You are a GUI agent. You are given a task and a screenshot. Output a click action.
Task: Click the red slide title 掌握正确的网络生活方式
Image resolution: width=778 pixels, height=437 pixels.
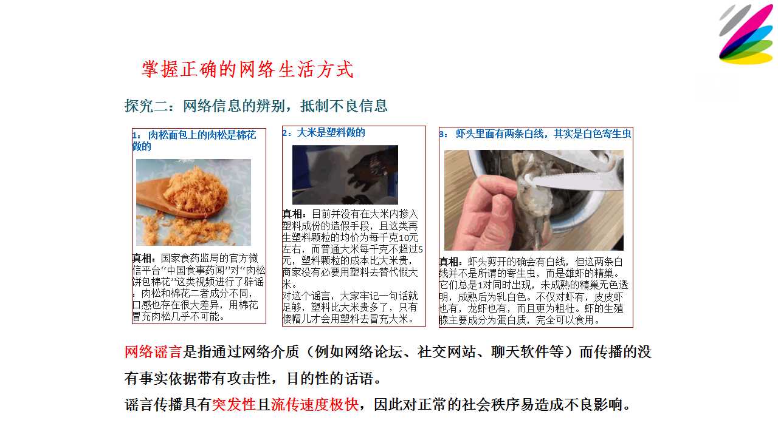pyautogui.click(x=247, y=69)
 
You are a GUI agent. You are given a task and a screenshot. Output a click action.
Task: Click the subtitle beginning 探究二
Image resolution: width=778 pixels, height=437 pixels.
pyautogui.click(x=256, y=106)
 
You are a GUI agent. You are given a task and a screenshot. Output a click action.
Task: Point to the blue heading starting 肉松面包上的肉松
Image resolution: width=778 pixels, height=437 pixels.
pyautogui.click(x=194, y=140)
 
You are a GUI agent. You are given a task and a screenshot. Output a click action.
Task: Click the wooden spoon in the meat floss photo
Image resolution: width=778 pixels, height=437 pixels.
pyautogui.click(x=164, y=201)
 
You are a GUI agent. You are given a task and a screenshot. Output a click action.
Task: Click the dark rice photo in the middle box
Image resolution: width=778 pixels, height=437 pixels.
pyautogui.click(x=345, y=175)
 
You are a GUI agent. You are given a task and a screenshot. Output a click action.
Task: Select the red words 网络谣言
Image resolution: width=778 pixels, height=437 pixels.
pyautogui.click(x=153, y=351)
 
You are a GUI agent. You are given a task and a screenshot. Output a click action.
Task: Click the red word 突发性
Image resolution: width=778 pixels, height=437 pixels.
pyautogui.click(x=234, y=404)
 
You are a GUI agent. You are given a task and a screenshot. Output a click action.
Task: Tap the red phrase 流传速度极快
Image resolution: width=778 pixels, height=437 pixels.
pyautogui.click(x=315, y=404)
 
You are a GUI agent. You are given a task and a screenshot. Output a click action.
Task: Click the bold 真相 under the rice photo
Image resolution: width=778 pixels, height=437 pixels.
pyautogui.click(x=294, y=214)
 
